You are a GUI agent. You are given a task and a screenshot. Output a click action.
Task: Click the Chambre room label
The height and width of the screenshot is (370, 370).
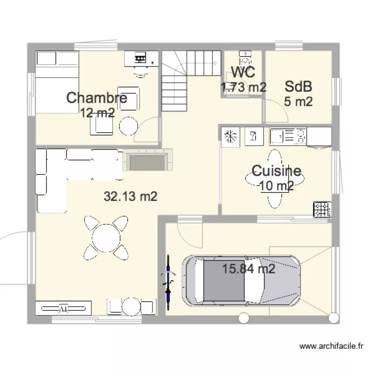[97, 98]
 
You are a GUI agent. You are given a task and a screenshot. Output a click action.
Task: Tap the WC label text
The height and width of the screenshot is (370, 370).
[243, 73]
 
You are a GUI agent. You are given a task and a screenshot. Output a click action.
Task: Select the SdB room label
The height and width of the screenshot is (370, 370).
[298, 87]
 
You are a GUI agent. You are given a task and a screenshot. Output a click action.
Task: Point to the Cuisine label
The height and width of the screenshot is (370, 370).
[276, 171]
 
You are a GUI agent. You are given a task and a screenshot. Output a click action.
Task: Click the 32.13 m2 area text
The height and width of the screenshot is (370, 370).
[130, 196]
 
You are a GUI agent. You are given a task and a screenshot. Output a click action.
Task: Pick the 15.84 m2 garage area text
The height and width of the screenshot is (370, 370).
[249, 269]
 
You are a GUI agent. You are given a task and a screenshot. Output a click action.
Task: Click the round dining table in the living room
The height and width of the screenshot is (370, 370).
[106, 238]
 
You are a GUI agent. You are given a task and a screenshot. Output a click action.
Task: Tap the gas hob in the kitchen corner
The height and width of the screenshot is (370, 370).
[322, 210]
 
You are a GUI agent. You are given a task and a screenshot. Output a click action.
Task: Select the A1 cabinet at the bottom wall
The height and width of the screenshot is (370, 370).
[63, 308]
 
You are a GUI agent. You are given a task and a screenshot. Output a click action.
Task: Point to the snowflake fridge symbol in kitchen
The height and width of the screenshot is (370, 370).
[230, 136]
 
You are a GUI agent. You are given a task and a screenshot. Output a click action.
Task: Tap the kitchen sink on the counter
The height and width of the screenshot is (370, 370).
[279, 136]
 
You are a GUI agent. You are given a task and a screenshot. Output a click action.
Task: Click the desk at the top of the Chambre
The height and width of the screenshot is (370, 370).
[141, 58]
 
